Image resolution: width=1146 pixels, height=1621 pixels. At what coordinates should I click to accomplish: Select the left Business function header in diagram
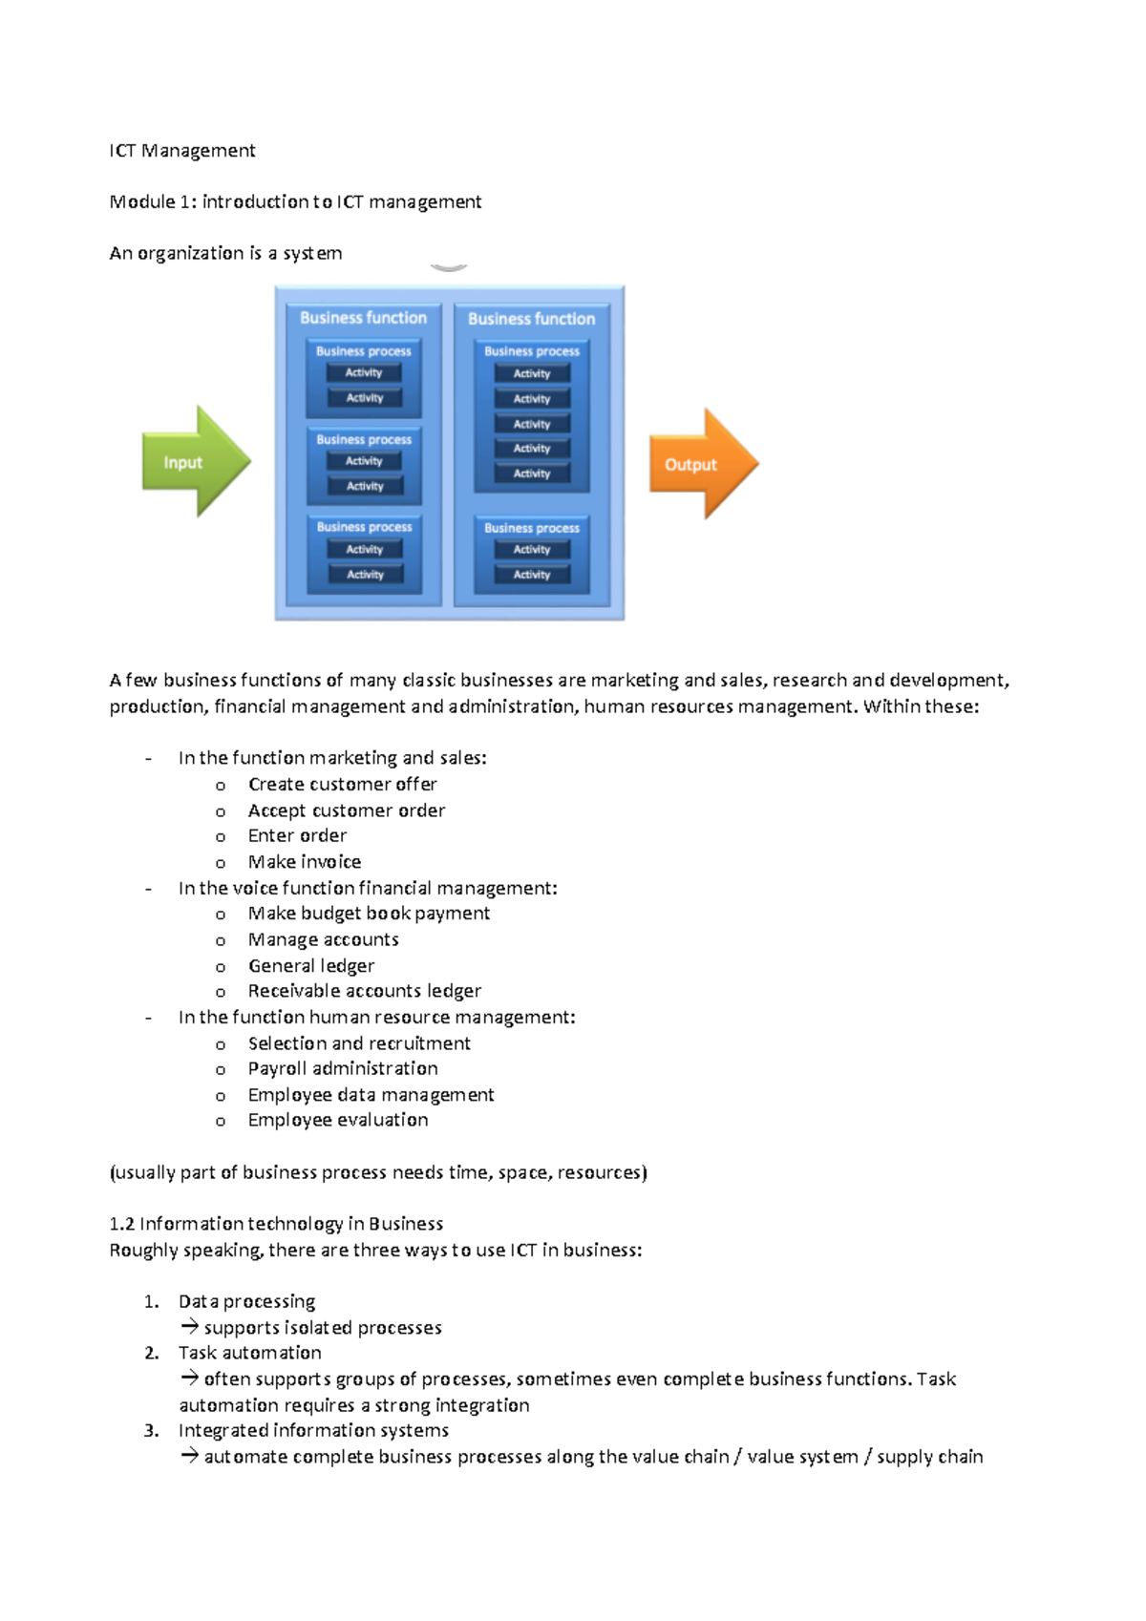pyautogui.click(x=363, y=318)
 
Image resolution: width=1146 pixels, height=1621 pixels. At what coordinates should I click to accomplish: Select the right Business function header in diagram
pyautogui.click(x=531, y=319)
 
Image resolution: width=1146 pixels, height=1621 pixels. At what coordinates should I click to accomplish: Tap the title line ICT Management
pyautogui.click(x=181, y=151)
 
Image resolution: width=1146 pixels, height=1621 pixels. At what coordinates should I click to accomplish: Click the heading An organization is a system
pyautogui.click(x=225, y=253)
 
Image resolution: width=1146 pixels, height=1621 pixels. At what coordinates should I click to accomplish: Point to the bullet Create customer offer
pyautogui.click(x=342, y=784)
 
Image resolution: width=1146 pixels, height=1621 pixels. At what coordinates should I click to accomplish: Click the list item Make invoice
pyautogui.click(x=304, y=861)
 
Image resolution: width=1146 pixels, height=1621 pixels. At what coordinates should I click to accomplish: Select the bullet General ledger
pyautogui.click(x=310, y=965)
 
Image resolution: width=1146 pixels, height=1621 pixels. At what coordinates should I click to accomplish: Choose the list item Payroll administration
pyautogui.click(x=342, y=1068)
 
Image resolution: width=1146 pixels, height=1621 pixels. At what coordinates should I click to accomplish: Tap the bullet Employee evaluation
pyautogui.click(x=337, y=1120)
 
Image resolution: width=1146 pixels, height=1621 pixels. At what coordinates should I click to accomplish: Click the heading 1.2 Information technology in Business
pyautogui.click(x=276, y=1224)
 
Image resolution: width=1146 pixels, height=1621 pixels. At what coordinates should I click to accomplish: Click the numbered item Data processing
pyautogui.click(x=246, y=1301)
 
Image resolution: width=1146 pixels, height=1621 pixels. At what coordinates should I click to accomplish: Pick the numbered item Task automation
pyautogui.click(x=249, y=1353)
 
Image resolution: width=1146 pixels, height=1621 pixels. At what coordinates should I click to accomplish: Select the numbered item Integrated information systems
pyautogui.click(x=313, y=1430)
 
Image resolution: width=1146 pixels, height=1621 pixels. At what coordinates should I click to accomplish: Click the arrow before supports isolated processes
pyautogui.click(x=189, y=1326)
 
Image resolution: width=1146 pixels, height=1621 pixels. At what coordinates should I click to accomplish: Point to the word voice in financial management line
pyautogui.click(x=255, y=888)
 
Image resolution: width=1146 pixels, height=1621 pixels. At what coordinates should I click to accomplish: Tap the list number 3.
pyautogui.click(x=151, y=1430)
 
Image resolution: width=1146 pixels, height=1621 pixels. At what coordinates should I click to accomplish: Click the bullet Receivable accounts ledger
pyautogui.click(x=364, y=991)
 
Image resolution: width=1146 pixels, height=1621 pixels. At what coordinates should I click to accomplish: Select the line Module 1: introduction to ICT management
pyautogui.click(x=295, y=201)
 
